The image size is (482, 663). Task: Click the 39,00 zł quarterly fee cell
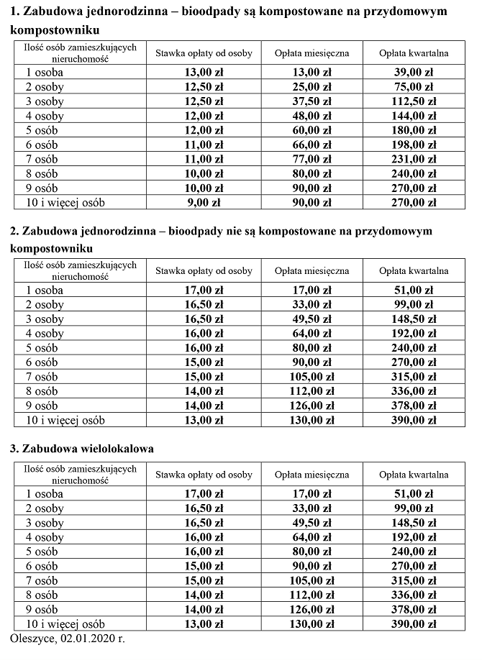414,72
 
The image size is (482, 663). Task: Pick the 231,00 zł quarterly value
414,159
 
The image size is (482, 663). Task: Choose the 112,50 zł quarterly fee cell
414,101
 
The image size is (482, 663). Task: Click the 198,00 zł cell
414,145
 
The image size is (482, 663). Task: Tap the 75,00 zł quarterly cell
414,87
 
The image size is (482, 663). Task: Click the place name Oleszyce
33,638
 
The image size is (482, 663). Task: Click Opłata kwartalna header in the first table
414,53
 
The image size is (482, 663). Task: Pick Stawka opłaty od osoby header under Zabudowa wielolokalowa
204,475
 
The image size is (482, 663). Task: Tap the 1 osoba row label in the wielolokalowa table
44,494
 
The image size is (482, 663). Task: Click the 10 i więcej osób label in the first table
65,203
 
